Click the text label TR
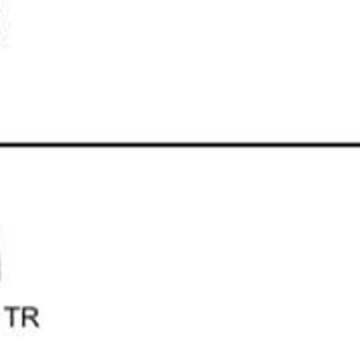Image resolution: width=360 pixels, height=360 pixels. point(22,317)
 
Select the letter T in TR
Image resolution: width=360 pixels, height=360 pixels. point(13,317)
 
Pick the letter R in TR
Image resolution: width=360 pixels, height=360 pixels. point(31,317)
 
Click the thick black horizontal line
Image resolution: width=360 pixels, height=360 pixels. point(180,145)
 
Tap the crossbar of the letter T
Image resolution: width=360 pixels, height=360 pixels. point(13,308)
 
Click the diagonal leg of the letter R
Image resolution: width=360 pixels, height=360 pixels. point(35,322)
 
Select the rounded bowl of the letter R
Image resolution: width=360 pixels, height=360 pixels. point(32,312)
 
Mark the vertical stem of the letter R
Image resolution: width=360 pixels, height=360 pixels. point(24,317)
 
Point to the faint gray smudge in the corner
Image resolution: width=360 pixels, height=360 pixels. point(4,25)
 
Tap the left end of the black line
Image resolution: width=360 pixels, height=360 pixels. point(0,145)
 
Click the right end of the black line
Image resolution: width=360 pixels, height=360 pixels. point(360,145)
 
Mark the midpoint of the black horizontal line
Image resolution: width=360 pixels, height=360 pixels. point(180,145)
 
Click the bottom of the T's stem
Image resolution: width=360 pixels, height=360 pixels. point(13,327)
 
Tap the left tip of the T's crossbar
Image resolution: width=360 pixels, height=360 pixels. point(5,308)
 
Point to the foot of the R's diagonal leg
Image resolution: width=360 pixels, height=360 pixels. point(38,327)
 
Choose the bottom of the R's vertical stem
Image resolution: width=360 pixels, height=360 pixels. point(24,327)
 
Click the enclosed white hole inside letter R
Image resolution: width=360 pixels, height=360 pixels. point(30,313)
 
